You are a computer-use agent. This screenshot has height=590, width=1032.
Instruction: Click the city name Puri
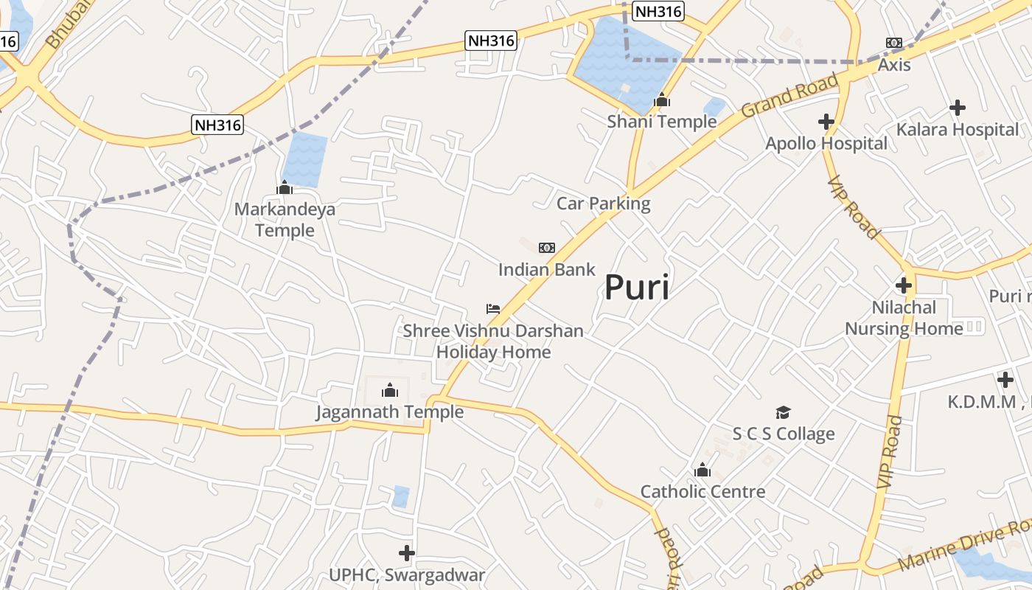pyautogui.click(x=637, y=288)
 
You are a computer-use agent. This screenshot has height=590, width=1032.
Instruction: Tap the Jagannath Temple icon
pyautogui.click(x=390, y=390)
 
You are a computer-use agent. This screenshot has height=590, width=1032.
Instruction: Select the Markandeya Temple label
pyautogui.click(x=285, y=220)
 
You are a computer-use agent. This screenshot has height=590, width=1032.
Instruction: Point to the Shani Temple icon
pyautogui.click(x=662, y=100)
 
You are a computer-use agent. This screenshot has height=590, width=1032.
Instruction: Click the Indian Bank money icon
pyautogui.click(x=547, y=248)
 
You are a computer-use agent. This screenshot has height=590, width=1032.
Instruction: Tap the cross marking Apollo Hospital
pyautogui.click(x=826, y=122)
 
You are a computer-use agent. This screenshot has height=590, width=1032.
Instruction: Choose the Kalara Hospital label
pyautogui.click(x=957, y=130)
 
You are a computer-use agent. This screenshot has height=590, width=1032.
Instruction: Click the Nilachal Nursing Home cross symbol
pyautogui.click(x=904, y=285)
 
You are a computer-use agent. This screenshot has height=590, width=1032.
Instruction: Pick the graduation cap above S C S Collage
pyautogui.click(x=783, y=412)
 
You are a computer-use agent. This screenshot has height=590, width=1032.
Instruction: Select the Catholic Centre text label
pyautogui.click(x=702, y=492)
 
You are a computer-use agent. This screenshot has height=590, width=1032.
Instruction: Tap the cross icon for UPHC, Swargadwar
pyautogui.click(x=406, y=552)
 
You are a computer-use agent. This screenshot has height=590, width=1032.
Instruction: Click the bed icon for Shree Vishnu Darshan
pyautogui.click(x=493, y=309)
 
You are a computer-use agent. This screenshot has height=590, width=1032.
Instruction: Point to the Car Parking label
pyautogui.click(x=603, y=204)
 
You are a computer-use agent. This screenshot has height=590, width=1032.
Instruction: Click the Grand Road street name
pyautogui.click(x=789, y=96)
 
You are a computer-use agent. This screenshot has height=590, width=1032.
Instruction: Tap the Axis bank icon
pyautogui.click(x=894, y=44)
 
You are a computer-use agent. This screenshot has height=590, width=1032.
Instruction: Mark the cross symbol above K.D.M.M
pyautogui.click(x=1005, y=380)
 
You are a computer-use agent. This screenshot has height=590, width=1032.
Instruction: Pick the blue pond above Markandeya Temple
pyautogui.click(x=304, y=159)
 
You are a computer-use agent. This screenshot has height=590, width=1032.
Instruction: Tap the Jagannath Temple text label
pyautogui.click(x=390, y=412)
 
